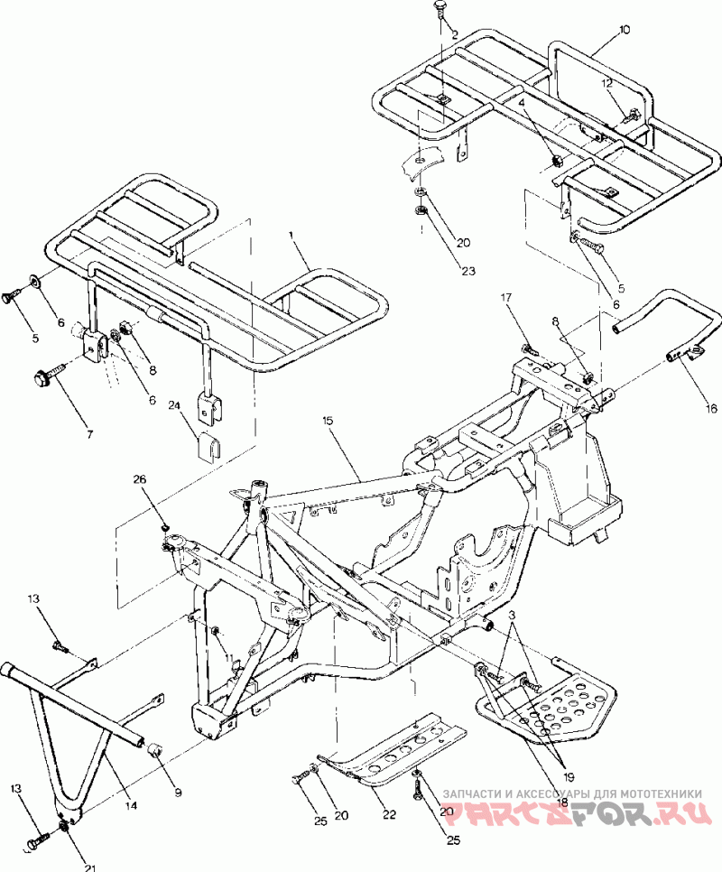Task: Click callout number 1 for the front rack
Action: (x=291, y=236)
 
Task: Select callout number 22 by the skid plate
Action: (x=389, y=814)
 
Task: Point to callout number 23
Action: (x=467, y=270)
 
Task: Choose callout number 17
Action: (x=506, y=297)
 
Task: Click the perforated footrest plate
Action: (x=551, y=700)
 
